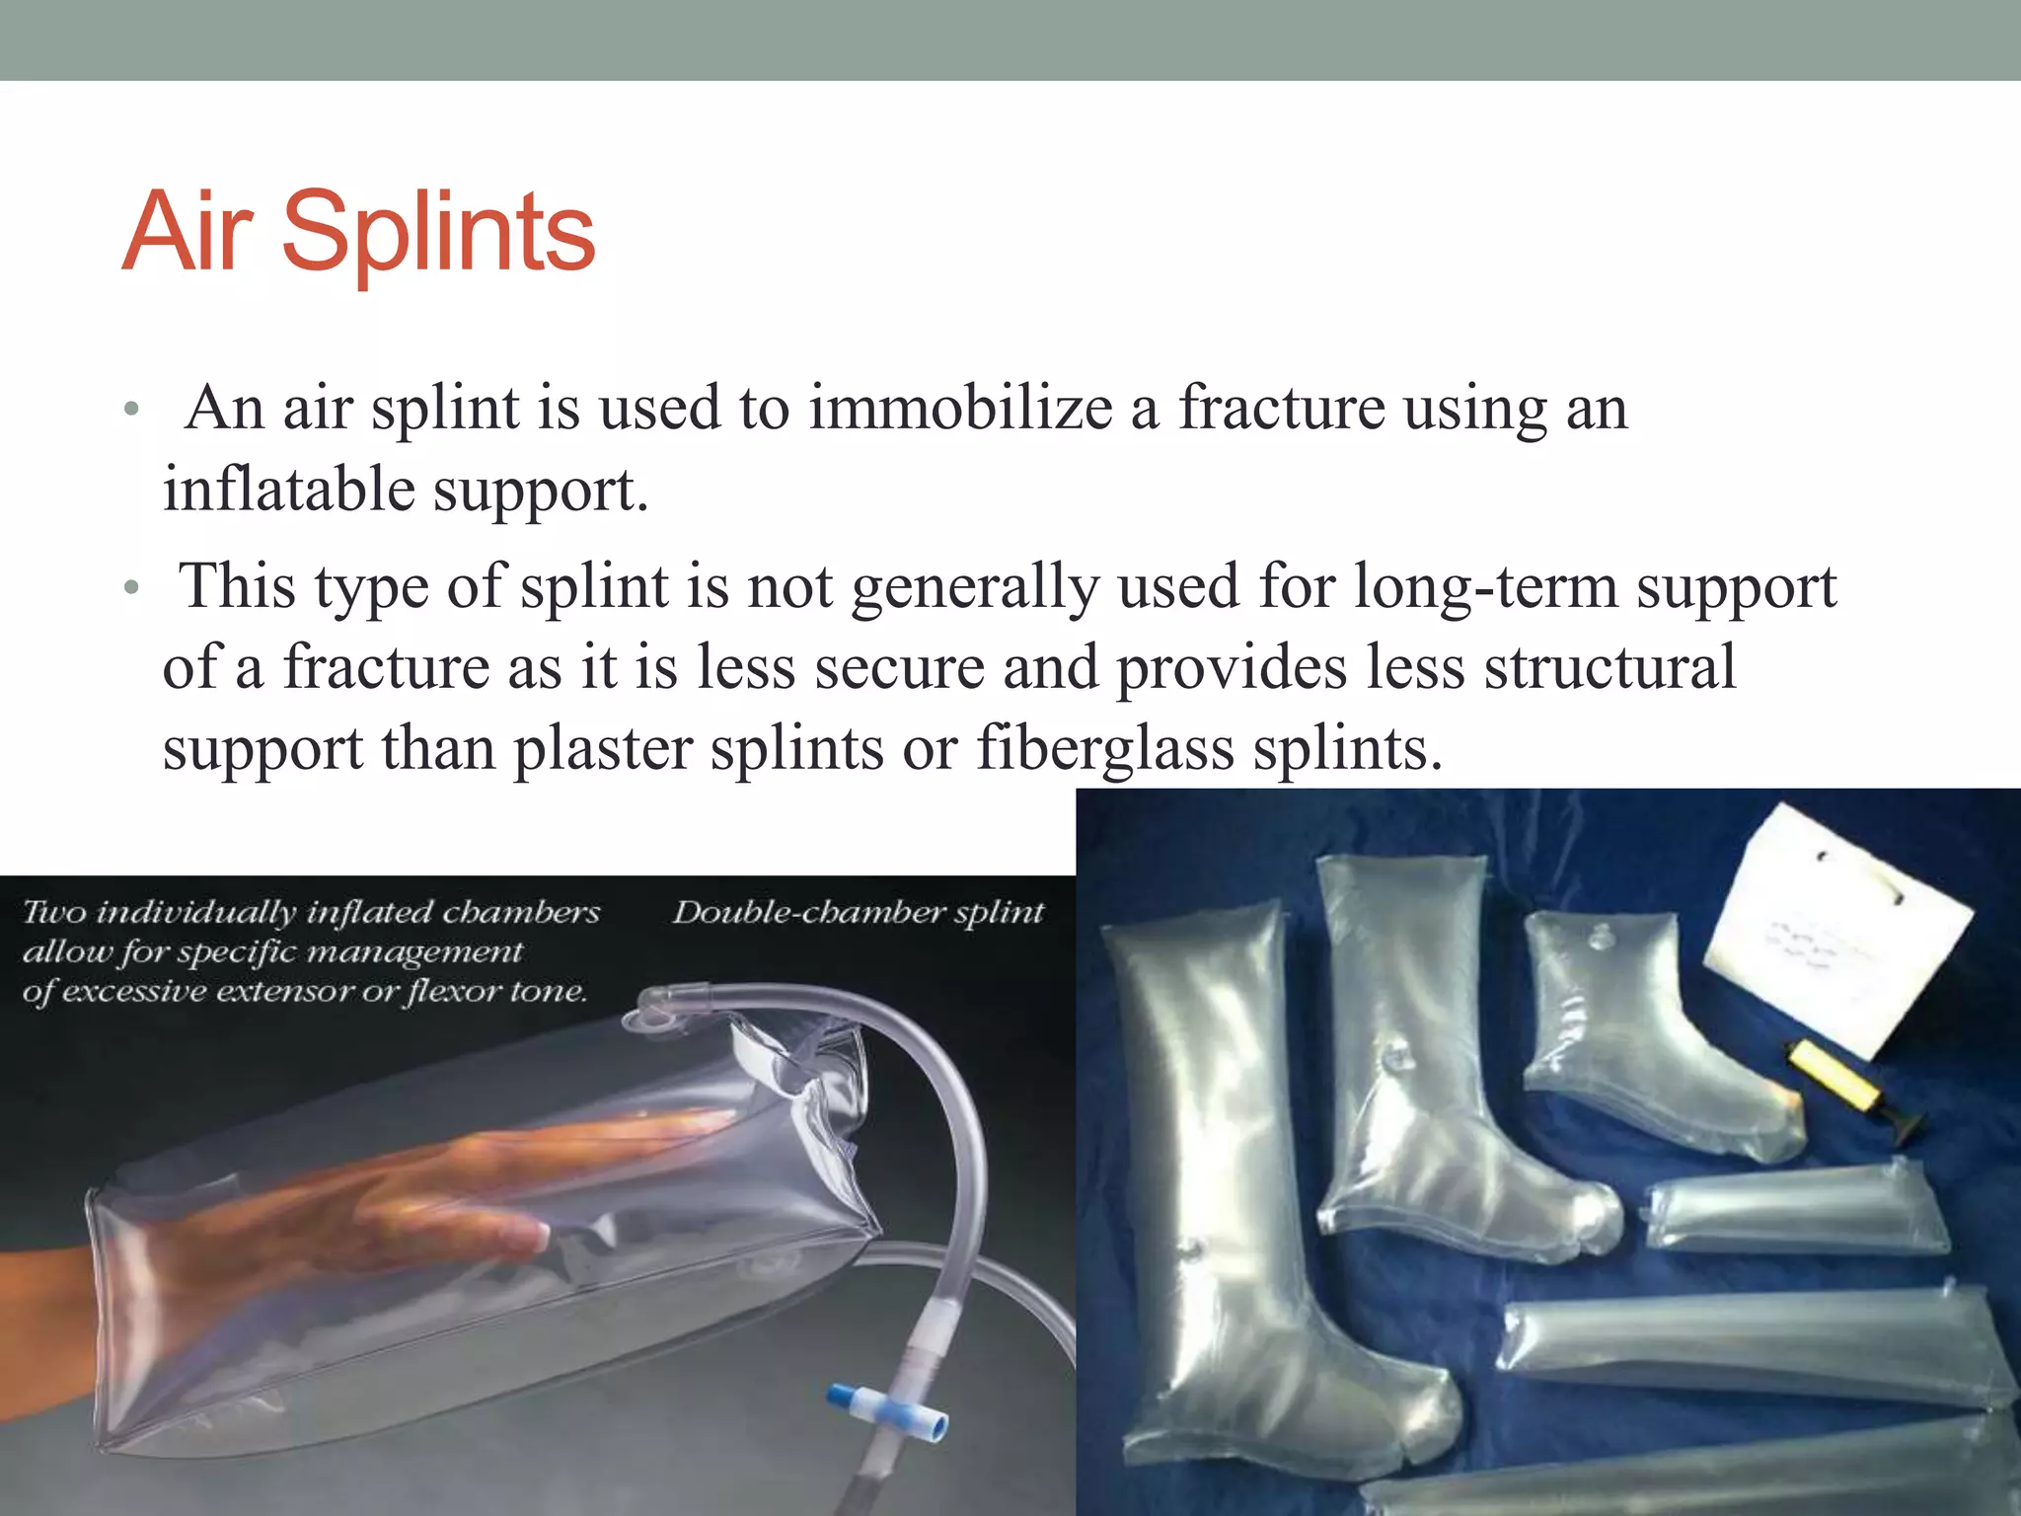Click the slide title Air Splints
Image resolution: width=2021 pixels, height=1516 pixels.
click(x=359, y=233)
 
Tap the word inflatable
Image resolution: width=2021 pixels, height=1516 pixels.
click(x=289, y=491)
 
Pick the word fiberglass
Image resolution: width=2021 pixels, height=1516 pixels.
click(x=1105, y=750)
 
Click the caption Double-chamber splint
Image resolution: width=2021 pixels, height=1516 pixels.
click(x=858, y=913)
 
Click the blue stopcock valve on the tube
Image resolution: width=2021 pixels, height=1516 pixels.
click(x=887, y=1408)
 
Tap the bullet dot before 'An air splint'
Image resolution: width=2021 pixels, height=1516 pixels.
click(x=131, y=411)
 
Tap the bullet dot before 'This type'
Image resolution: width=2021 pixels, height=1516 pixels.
click(x=131, y=590)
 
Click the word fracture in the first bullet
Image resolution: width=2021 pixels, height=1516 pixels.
click(x=1282, y=409)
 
